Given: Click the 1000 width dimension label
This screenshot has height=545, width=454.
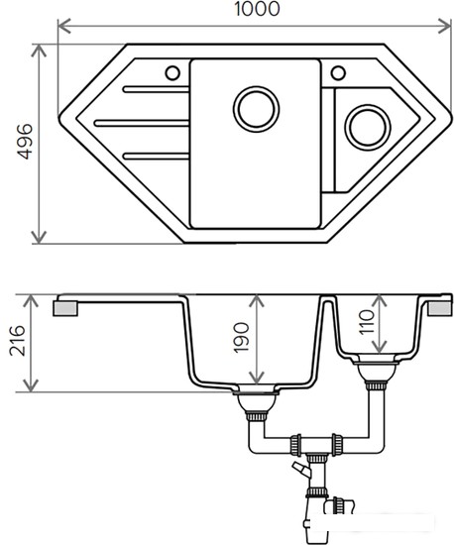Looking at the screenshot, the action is (257, 9).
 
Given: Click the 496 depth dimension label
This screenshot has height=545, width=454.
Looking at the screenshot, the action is (25, 142).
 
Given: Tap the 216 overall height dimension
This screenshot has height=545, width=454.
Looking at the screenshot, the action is (18, 341).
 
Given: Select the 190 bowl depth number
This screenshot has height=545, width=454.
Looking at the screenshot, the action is (241, 338).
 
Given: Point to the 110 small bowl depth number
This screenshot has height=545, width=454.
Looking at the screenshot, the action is (367, 322).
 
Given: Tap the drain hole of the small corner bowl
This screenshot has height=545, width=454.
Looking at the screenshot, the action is (368, 127).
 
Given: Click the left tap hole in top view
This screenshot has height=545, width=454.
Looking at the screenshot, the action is (172, 73).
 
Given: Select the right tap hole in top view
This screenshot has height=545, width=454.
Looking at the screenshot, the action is (338, 73).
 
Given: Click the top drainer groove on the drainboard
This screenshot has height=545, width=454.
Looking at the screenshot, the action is (156, 89).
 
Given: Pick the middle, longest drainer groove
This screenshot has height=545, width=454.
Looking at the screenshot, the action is (142, 123).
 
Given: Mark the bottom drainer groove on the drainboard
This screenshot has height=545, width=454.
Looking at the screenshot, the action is (156, 156).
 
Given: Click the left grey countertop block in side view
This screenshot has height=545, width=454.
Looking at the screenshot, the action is (65, 308).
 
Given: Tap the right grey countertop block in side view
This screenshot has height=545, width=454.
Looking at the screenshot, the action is (440, 308).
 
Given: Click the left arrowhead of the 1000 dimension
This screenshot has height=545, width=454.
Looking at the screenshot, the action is (64, 26).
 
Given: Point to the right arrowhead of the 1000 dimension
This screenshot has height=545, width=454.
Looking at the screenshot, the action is (444, 26).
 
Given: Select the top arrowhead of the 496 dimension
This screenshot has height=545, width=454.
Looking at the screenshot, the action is (39, 51).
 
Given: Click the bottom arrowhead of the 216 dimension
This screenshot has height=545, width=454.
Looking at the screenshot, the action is (32, 385).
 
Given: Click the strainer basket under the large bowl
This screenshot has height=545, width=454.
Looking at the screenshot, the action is (256, 403).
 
